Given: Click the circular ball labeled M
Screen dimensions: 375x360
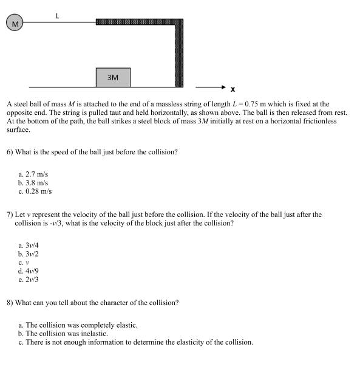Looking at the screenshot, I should (x=15, y=23).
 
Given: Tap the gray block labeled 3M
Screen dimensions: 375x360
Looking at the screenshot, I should (x=113, y=77).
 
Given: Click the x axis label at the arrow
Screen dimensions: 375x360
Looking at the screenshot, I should (x=233, y=89).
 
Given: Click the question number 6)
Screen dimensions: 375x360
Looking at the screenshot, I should (x=10, y=151).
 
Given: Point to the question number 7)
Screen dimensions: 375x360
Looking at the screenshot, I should (x=10, y=215).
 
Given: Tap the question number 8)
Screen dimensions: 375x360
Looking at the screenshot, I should (x=10, y=302).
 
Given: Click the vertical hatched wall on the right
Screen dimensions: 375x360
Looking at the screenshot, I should (x=179, y=55).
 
